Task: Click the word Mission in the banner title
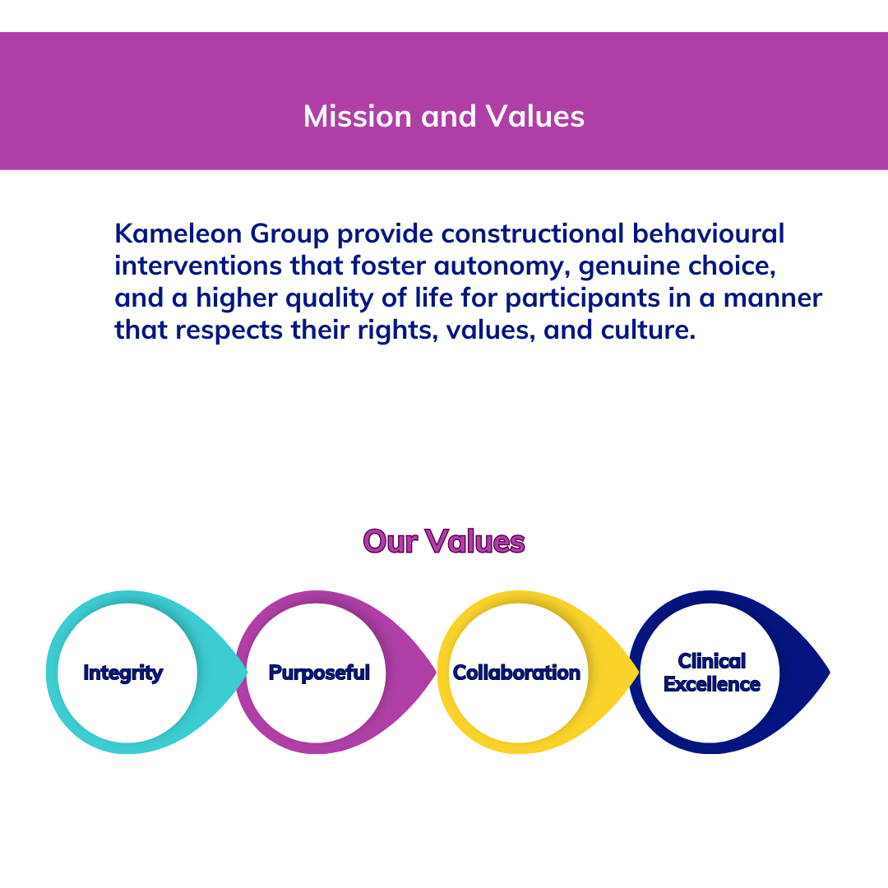point(358,116)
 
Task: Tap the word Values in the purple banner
point(535,116)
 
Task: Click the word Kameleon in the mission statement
point(178,234)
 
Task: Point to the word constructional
point(532,234)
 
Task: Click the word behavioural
point(708,234)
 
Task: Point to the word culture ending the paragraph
point(648,331)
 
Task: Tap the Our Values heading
point(444,541)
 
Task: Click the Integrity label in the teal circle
point(123,673)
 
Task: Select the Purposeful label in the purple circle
point(319,673)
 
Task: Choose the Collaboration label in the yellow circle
point(516,673)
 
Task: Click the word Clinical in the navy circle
point(712,661)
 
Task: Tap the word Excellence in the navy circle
point(712,684)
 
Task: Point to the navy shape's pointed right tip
point(830,673)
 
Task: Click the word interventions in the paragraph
point(198,266)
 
